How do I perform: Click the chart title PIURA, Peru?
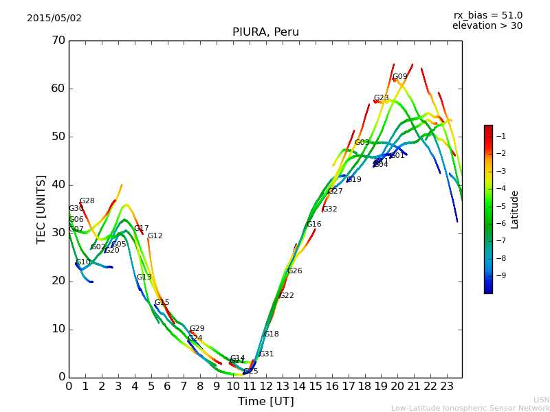click(265, 32)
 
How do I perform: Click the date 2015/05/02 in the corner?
click(54, 19)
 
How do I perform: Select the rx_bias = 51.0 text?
click(487, 15)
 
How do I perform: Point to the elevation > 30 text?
click(487, 26)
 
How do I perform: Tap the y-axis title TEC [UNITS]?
click(41, 209)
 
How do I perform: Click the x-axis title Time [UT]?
click(265, 402)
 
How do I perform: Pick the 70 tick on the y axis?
click(58, 41)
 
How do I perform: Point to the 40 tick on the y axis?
click(58, 185)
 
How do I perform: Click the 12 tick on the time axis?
click(266, 387)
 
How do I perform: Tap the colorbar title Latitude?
click(515, 209)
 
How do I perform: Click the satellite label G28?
click(87, 201)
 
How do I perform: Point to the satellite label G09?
click(399, 77)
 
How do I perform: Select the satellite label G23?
click(381, 98)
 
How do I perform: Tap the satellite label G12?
click(155, 236)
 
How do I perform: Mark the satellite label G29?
click(197, 329)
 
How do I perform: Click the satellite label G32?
click(329, 209)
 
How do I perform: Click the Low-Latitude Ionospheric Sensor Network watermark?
click(470, 408)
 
